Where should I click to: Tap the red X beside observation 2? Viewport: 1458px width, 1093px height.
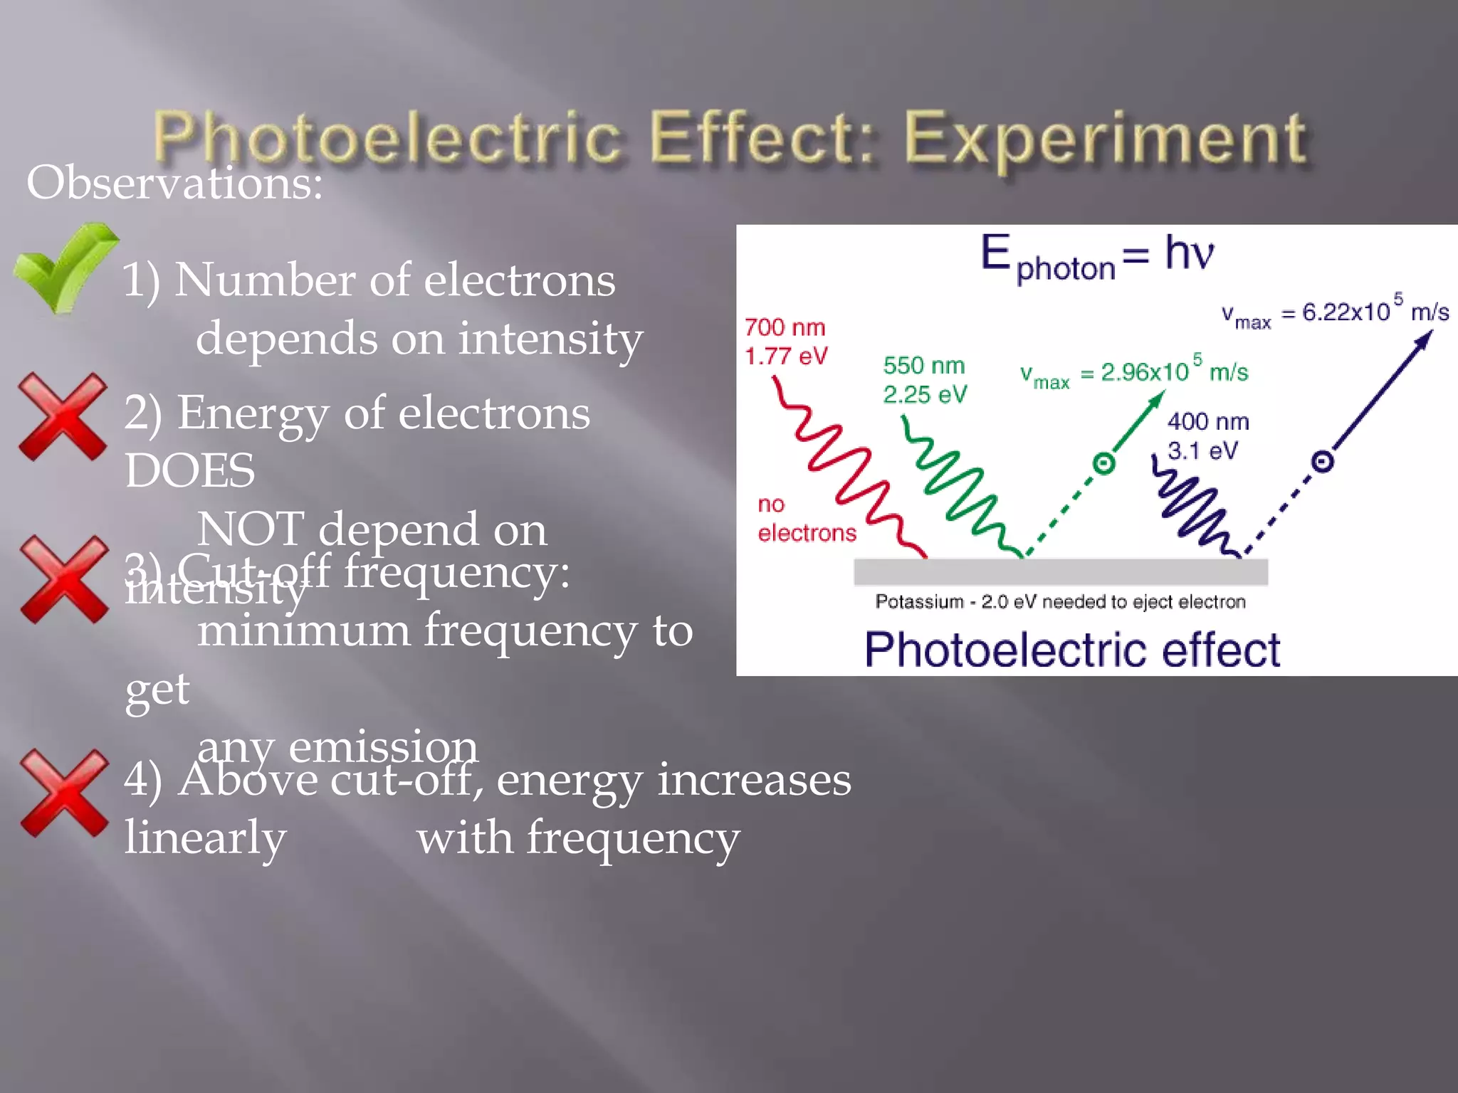coord(63,416)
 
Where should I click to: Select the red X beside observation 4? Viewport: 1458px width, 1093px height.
coord(64,792)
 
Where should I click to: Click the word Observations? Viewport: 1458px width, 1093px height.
coord(174,183)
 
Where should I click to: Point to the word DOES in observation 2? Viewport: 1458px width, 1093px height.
coord(189,470)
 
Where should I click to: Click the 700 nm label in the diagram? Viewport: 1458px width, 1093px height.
coord(785,327)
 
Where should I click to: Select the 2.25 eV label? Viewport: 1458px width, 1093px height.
coord(925,394)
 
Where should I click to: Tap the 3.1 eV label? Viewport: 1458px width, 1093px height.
coord(1202,450)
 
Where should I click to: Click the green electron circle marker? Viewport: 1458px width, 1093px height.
coord(1103,464)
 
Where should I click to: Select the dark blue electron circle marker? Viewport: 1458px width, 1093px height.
coord(1322,462)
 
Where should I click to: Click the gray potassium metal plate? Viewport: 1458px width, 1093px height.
coord(1061,571)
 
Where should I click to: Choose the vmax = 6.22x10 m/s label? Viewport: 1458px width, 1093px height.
coord(1335,312)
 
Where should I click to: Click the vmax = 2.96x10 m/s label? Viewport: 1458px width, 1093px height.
coord(1133,372)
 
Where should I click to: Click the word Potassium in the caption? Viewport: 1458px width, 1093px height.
coord(918,602)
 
